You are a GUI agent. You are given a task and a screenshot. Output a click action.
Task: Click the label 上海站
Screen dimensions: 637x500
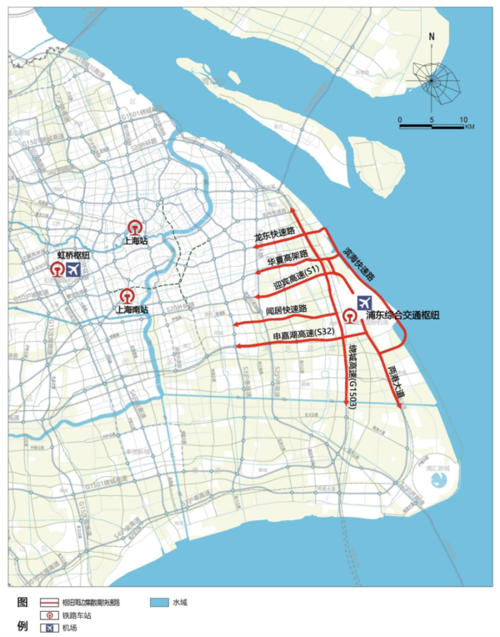pyautogui.click(x=134, y=240)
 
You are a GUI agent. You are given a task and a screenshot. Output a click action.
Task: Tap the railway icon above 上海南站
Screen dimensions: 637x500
pyautogui.click(x=127, y=295)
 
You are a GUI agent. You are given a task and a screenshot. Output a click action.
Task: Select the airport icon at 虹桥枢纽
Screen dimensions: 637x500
pyautogui.click(x=73, y=269)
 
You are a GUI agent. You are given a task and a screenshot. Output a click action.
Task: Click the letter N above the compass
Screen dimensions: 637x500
pyautogui.click(x=432, y=37)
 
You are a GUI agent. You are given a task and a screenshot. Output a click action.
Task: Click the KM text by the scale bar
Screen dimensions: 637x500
pyautogui.click(x=470, y=127)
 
